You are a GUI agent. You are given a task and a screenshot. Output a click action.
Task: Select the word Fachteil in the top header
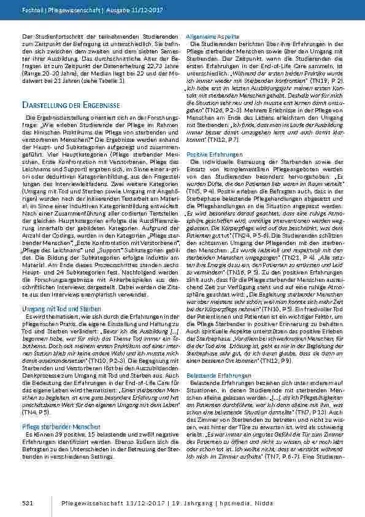tap(34, 11)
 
